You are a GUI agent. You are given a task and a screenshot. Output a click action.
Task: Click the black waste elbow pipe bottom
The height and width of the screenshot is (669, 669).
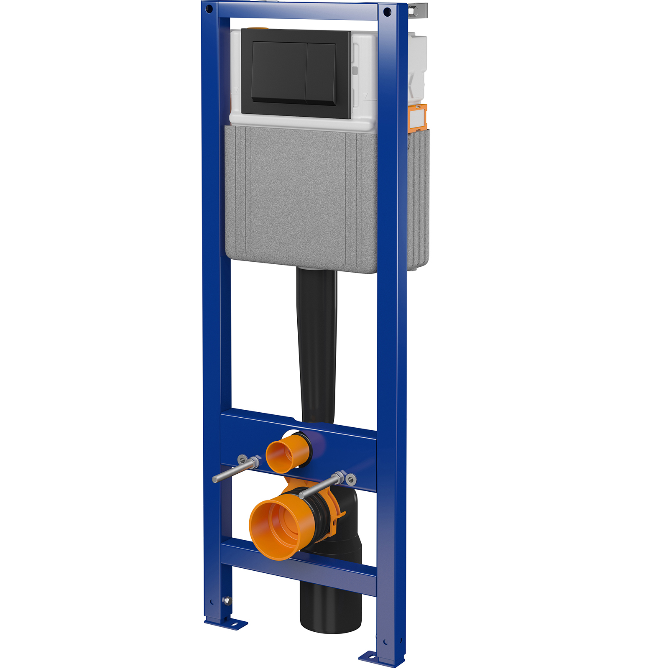click(x=330, y=606)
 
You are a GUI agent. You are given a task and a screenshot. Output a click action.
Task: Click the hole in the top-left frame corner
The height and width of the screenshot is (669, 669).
click(x=210, y=8)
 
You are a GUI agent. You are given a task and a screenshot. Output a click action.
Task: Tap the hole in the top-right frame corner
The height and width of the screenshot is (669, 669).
click(x=387, y=11)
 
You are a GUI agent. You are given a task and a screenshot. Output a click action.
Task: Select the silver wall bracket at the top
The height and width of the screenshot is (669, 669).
click(x=418, y=10)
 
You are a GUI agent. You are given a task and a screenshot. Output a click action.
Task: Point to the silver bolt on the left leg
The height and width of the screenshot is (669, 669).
click(x=227, y=601)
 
